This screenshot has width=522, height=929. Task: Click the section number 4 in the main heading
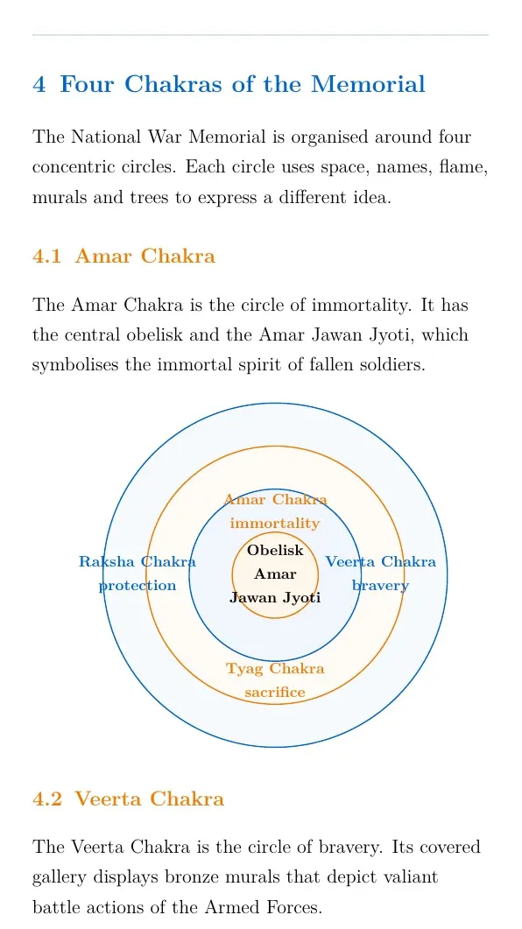pyautogui.click(x=39, y=84)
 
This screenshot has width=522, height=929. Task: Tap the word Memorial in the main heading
pyautogui.click(x=368, y=84)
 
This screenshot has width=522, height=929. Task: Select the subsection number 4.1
pyautogui.click(x=46, y=257)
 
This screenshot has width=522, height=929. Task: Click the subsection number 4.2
pyautogui.click(x=46, y=799)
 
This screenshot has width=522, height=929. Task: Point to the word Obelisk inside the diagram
pyautogui.click(x=275, y=551)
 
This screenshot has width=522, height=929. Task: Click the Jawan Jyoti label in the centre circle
pyautogui.click(x=275, y=598)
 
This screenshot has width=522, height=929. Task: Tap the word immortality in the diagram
pyautogui.click(x=275, y=523)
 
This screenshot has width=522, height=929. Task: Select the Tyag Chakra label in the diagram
pyautogui.click(x=275, y=669)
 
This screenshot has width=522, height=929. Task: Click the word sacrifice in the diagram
pyautogui.click(x=275, y=692)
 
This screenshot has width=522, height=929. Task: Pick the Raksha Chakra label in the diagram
pyautogui.click(x=138, y=561)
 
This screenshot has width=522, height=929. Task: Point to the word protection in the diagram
pyautogui.click(x=138, y=586)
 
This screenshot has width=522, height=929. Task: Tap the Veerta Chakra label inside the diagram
pyautogui.click(x=380, y=561)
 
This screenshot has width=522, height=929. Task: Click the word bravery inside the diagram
pyautogui.click(x=380, y=586)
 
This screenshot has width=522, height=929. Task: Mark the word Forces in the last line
pyautogui.click(x=295, y=908)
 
